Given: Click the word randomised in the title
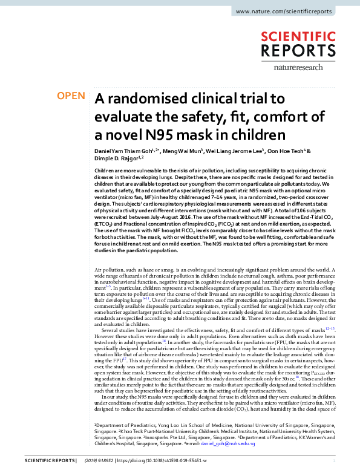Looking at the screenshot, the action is pos(144,98).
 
